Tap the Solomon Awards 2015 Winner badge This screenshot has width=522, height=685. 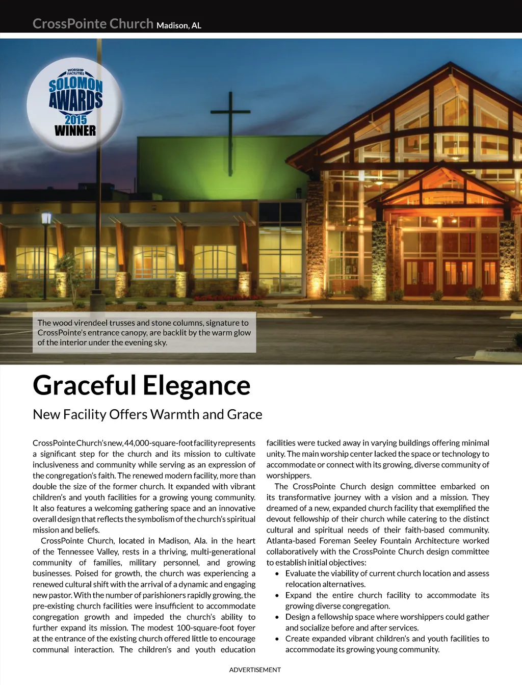click(x=75, y=104)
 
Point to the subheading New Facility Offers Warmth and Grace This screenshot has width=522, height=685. click(x=147, y=414)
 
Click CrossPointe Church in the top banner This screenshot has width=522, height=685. click(x=93, y=24)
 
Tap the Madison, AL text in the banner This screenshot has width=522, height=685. click(x=179, y=25)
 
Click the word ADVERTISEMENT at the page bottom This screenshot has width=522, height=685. click(x=255, y=670)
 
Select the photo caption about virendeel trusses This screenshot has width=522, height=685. click(x=144, y=332)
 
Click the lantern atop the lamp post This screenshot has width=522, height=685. click(x=46, y=218)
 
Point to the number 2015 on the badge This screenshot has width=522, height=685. click(x=75, y=119)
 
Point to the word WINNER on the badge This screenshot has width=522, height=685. click(x=75, y=130)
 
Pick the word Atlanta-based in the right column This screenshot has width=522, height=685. click(x=291, y=541)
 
